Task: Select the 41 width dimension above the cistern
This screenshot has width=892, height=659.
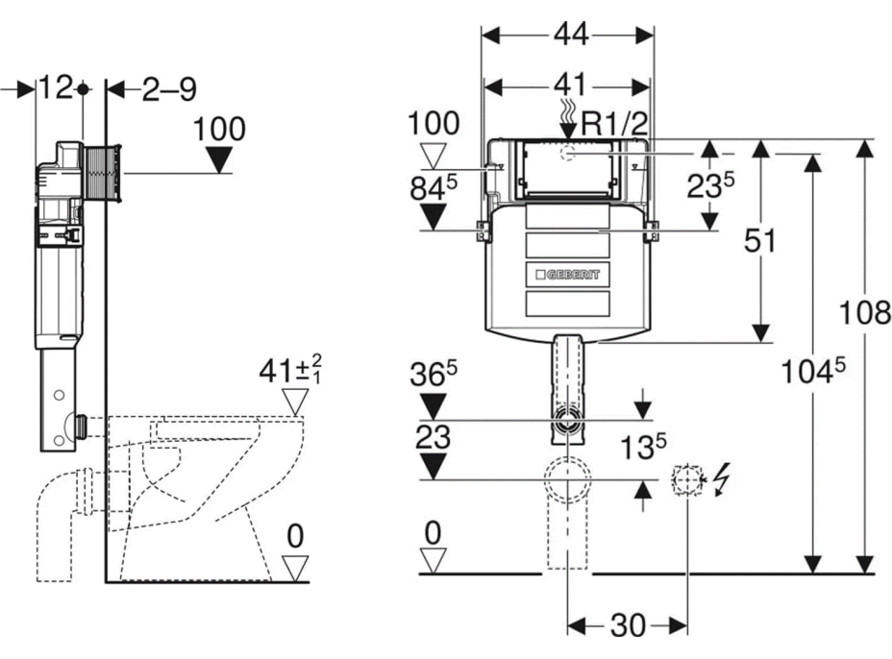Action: click(568, 86)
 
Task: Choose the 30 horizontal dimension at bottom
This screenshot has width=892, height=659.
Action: click(628, 626)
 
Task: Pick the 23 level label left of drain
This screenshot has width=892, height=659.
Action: click(434, 438)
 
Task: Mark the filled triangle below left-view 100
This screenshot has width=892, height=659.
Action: click(219, 161)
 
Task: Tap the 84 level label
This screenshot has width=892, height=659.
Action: click(433, 189)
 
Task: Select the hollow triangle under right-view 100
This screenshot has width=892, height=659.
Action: click(434, 155)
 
